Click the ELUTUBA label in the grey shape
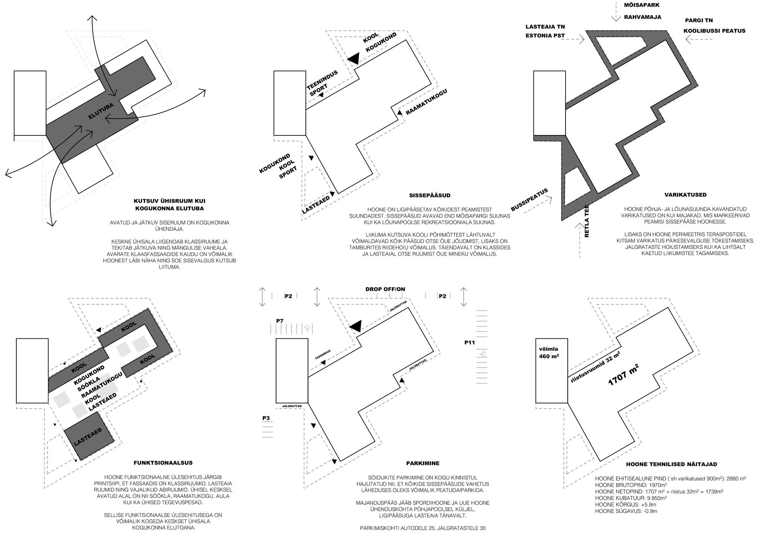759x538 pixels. click(101, 111)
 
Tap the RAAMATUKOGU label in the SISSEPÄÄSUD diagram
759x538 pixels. click(427, 102)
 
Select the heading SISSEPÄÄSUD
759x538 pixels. click(430, 196)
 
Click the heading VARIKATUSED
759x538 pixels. click(685, 195)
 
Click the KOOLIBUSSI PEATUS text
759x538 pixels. click(714, 31)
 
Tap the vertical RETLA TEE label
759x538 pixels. click(586, 221)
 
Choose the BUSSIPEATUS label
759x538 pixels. click(529, 200)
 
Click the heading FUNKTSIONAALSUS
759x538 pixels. click(163, 463)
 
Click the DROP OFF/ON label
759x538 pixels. click(385, 289)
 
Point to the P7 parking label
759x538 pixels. click(280, 321)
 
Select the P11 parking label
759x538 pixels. click(469, 342)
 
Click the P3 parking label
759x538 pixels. click(266, 418)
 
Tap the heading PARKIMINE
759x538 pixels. click(422, 463)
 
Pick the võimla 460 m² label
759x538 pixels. click(549, 352)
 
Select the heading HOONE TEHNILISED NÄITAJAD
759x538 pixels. click(672, 464)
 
